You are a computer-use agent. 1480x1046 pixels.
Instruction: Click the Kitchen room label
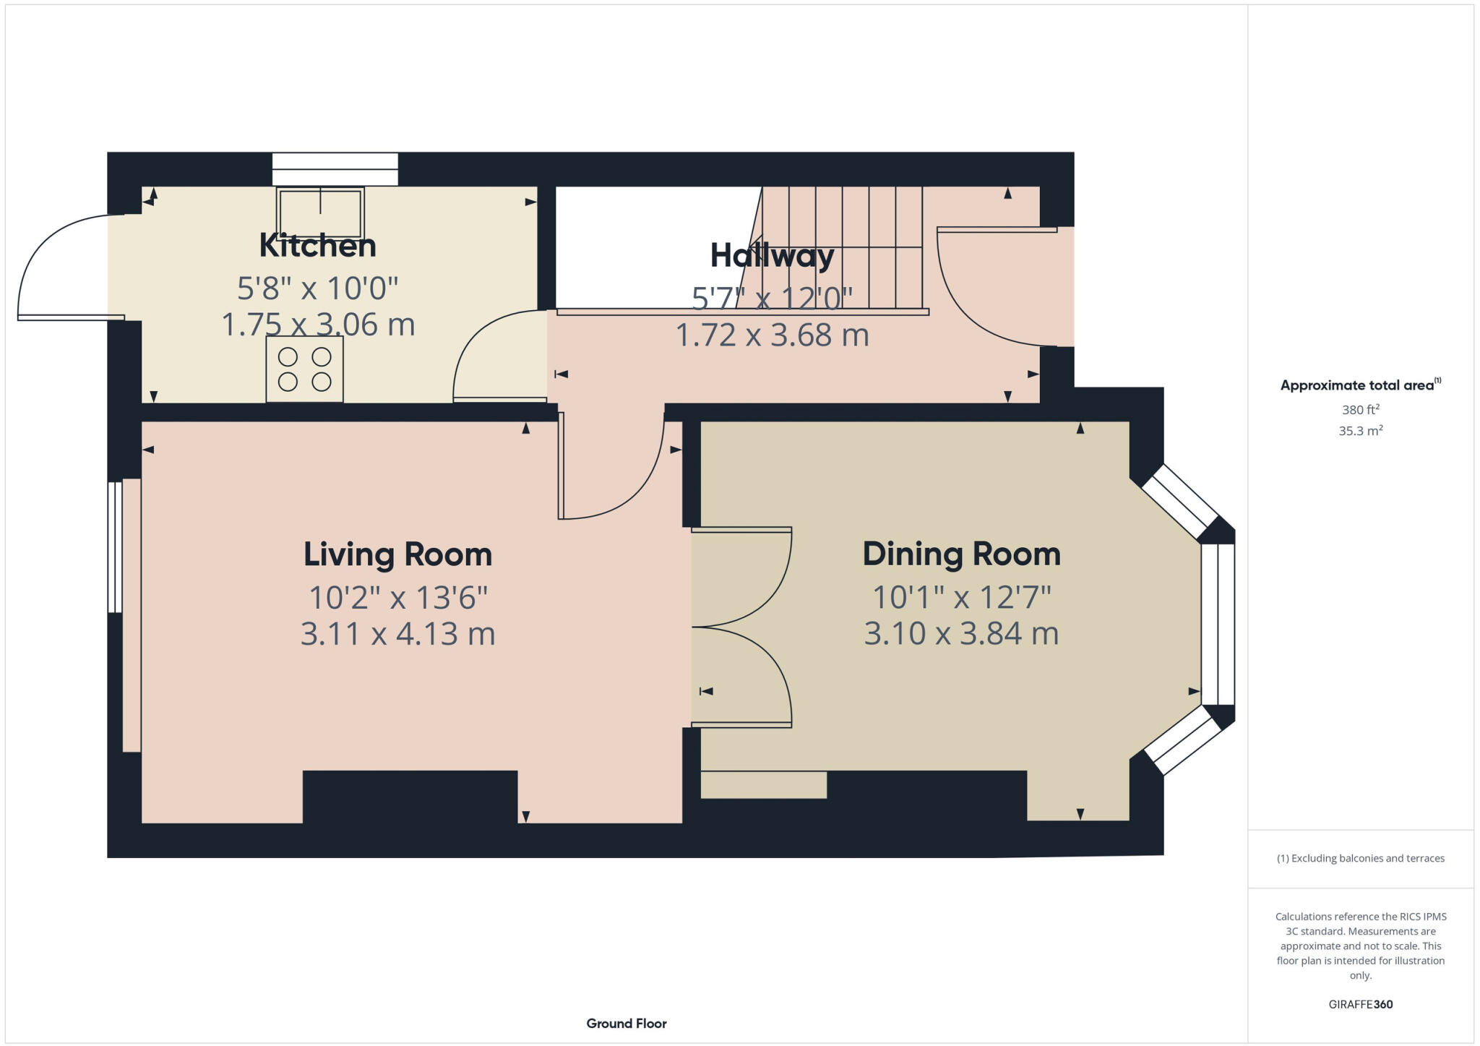click(x=317, y=246)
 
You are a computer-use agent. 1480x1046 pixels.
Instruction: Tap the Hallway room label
click(x=772, y=255)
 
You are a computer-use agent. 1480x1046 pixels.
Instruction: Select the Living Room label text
click(x=397, y=554)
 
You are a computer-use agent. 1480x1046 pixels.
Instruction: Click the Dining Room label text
click(x=961, y=554)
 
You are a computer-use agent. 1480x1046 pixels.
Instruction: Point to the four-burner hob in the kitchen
click(x=304, y=369)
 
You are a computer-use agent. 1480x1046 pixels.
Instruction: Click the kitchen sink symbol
click(x=320, y=213)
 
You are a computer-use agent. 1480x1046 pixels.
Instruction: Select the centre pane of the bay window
click(x=1218, y=624)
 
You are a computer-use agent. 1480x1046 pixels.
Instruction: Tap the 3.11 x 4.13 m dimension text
click(x=397, y=634)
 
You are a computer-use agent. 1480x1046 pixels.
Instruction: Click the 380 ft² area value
click(x=1360, y=410)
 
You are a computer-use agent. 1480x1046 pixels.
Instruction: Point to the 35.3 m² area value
click(x=1360, y=431)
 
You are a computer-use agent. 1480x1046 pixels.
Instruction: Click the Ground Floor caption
click(x=626, y=1024)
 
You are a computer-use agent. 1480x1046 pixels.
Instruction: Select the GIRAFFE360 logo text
click(x=1360, y=1004)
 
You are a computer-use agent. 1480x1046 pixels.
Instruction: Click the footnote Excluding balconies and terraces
click(x=1360, y=859)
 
